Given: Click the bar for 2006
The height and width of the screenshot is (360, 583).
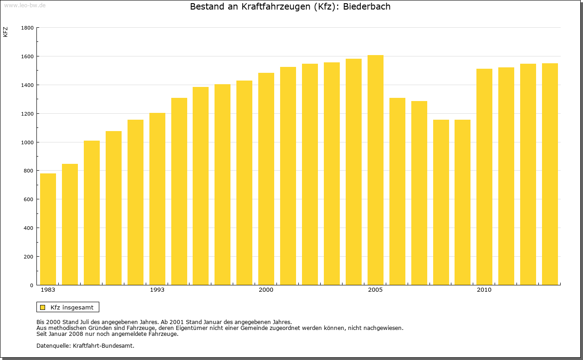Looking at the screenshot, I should coord(397,191).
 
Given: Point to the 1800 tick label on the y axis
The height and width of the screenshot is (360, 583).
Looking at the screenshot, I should coord(27,28).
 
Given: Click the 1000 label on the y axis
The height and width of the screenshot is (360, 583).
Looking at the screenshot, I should coord(27,142).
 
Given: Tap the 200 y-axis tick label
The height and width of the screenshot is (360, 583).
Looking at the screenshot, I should coord(29,257).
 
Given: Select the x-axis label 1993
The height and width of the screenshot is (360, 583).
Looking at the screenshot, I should coord(157,290).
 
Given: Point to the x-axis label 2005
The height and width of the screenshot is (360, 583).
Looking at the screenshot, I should coord(375,290).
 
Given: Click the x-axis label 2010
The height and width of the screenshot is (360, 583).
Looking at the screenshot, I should coord(484,290).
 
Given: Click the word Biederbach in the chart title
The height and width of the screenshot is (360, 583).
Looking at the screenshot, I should coord(367,7).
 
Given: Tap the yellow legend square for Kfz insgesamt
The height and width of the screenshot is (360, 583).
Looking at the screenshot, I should coord(43,307).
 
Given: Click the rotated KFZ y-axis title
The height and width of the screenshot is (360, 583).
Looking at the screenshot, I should coord(5,32).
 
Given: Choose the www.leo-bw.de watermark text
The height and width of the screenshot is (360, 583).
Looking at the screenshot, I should coord(24,5).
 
